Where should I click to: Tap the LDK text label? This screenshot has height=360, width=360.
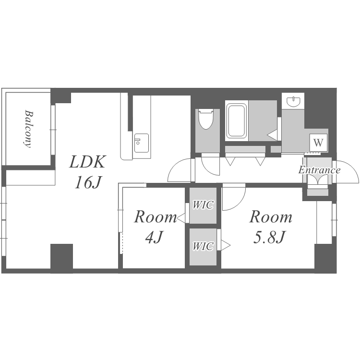coord(87,162)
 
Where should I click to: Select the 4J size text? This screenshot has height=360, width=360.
coord(154,237)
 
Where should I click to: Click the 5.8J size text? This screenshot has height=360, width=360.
coord(270,237)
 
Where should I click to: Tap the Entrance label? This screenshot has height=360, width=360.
coord(319,170)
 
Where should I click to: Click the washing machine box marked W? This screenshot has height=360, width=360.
coord(318,143)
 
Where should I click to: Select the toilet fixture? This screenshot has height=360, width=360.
coord(206,119)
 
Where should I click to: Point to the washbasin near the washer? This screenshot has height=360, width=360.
coord(293,101)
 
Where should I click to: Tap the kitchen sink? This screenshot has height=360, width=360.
coord(142,143)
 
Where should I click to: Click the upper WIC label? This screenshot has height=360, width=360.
coord(203,205)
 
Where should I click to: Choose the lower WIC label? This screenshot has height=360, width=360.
coord(203,246)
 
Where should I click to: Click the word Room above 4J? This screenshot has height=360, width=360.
coord(156,217)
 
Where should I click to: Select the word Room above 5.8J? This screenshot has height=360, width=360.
coord(271,217)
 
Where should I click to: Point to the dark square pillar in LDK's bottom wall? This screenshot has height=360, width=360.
coord(61,259)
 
